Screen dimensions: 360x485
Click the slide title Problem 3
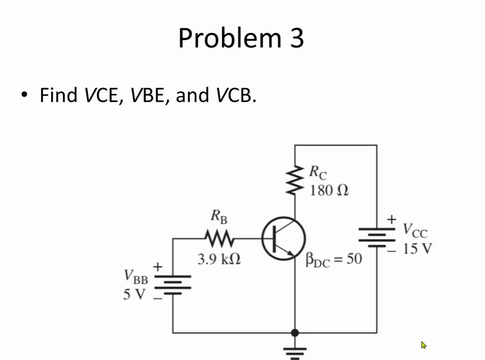coord(241,38)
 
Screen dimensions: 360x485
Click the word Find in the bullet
coord(58,95)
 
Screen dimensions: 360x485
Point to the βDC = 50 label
coord(334,259)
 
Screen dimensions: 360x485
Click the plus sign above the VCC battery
coord(392,219)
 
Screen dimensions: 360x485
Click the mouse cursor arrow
coord(424,345)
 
